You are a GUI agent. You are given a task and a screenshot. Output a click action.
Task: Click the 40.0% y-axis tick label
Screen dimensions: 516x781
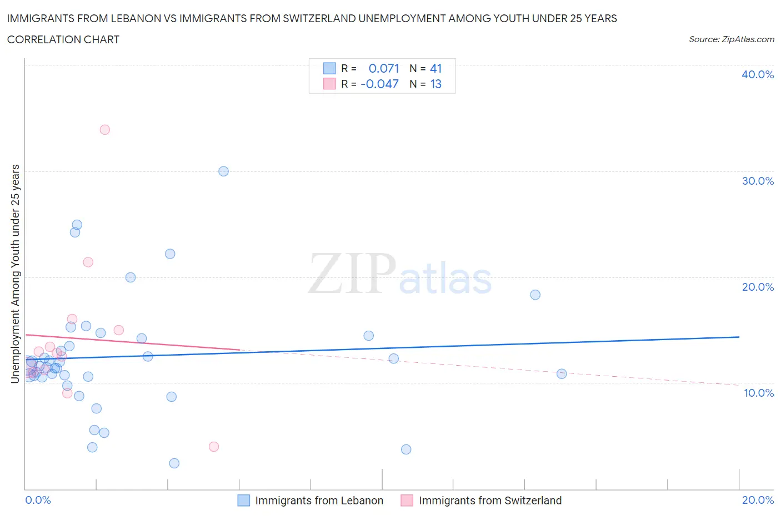[757, 74]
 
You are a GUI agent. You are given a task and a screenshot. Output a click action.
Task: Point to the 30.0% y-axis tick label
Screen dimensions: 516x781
[757, 181]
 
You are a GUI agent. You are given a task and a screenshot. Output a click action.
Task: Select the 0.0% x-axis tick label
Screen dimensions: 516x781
[38, 500]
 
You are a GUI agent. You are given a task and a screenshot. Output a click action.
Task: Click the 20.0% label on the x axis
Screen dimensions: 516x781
[758, 500]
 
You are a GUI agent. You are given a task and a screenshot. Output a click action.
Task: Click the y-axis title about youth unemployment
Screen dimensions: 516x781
[15, 274]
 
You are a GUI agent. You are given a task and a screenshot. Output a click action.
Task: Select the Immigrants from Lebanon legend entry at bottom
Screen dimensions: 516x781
[318, 500]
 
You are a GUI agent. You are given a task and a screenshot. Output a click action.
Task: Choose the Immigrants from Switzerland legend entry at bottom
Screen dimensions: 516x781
[489, 500]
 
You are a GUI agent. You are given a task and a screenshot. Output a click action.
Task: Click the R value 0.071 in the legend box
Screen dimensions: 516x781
[384, 68]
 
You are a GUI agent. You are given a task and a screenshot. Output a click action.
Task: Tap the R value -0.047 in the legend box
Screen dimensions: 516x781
[379, 84]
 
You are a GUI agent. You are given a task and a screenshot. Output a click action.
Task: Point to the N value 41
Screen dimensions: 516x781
[436, 68]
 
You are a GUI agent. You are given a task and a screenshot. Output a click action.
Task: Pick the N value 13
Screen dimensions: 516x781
[436, 84]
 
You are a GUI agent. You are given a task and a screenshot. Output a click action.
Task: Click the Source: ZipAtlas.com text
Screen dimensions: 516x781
[731, 39]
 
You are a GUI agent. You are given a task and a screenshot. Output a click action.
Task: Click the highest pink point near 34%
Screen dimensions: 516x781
[104, 130]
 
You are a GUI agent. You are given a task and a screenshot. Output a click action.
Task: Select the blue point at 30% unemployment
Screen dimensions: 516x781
[223, 171]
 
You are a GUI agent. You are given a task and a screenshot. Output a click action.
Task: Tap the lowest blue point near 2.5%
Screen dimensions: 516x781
[174, 463]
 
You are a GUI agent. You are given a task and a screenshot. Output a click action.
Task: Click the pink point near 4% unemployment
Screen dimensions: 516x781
[214, 447]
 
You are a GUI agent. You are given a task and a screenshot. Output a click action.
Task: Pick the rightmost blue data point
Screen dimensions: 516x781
[562, 374]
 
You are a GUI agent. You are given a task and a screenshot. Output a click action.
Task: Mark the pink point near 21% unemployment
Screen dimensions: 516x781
[88, 262]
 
